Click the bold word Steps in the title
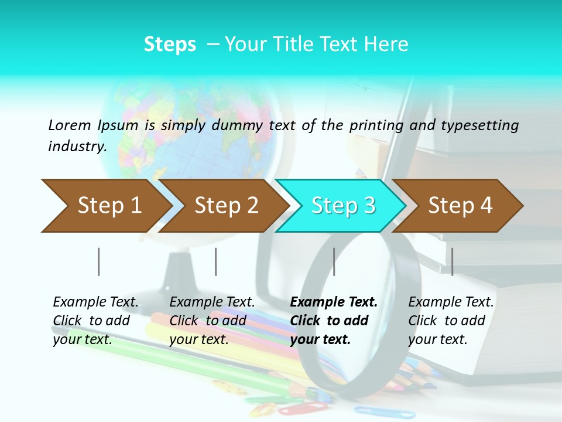coord(170,45)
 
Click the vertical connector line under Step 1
coord(99,261)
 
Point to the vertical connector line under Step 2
coord(216,261)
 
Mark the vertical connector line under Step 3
coord(334,261)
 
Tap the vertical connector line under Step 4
coord(452,261)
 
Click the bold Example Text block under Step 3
coord(334,321)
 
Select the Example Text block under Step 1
coord(95,321)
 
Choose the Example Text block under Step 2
coord(212,321)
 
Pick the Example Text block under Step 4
coord(451,321)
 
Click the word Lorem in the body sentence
coord(70,125)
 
